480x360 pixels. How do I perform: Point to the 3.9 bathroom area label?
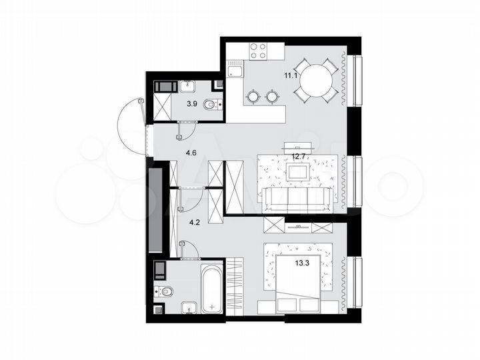192,104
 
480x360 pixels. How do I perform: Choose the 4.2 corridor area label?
191,224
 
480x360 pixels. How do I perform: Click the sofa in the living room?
296,197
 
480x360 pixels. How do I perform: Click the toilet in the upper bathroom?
211,105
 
